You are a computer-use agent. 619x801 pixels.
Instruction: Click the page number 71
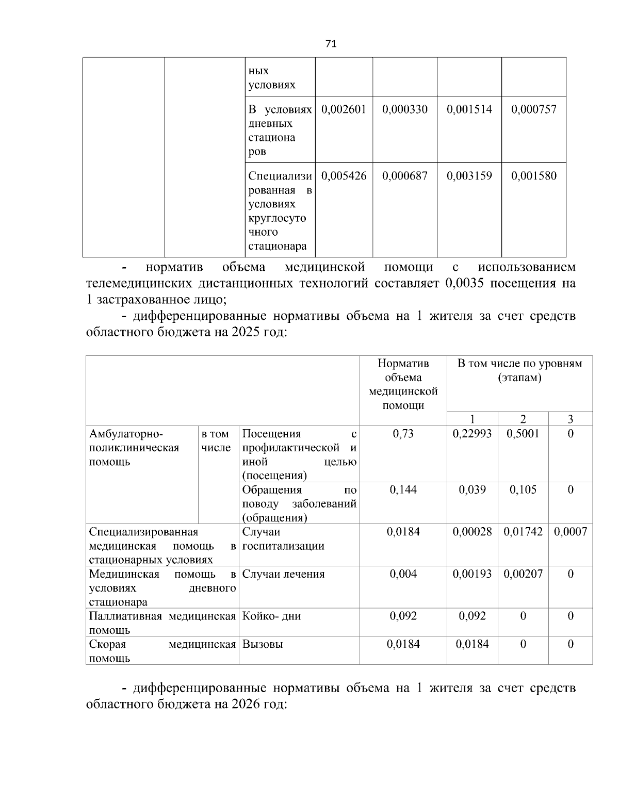pos(331,44)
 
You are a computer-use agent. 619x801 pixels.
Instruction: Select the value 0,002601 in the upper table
pos(344,109)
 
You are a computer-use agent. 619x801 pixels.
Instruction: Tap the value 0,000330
pos(405,109)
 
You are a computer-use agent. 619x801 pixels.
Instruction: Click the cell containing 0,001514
pos(469,109)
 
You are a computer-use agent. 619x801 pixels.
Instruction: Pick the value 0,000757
pos(534,109)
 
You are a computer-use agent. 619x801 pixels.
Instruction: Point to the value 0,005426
pos(344,176)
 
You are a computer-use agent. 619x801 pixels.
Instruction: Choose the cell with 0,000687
pos(405,176)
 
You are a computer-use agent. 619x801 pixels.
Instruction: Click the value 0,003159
pos(469,176)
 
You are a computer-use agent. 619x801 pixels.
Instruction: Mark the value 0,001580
pos(534,176)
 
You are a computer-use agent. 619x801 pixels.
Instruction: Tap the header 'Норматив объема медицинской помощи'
pos(403,384)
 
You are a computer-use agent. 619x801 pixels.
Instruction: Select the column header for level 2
pos(523,419)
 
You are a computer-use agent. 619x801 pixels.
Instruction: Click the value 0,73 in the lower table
pos(403,434)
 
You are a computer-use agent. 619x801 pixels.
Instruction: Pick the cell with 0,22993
pos(472,434)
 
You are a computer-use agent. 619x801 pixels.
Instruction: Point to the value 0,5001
pos(523,434)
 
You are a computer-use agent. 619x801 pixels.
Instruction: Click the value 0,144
pos(403,489)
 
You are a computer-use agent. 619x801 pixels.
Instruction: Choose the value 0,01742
pos(523,532)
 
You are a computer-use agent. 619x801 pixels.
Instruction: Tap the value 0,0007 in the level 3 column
pos(571,532)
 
